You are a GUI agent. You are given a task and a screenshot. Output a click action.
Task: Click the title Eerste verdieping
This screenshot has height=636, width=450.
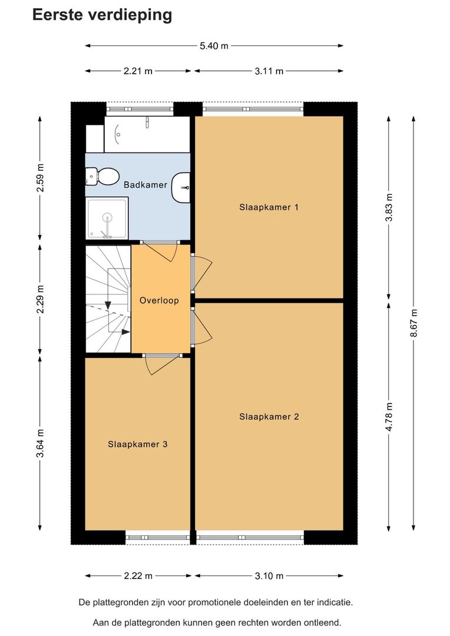(x=102, y=15)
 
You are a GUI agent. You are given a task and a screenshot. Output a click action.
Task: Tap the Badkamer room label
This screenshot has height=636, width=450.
(x=145, y=185)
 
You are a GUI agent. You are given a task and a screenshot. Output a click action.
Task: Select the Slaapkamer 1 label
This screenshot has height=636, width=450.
(x=269, y=207)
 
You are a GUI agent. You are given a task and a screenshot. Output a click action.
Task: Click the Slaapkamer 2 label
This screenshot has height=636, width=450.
(x=269, y=416)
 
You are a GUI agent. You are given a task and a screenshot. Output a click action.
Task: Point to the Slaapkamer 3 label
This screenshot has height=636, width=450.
(x=138, y=444)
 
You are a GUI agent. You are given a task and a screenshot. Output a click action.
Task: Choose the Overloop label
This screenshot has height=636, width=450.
(x=159, y=300)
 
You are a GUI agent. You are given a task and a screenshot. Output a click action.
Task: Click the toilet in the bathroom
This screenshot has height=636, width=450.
(x=102, y=177)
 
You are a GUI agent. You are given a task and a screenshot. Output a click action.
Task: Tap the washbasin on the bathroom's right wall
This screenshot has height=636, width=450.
(x=181, y=187)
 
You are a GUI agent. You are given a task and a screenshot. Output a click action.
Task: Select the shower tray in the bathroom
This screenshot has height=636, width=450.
(x=107, y=218)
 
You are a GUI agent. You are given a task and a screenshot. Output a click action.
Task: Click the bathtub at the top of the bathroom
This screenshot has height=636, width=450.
(x=147, y=134)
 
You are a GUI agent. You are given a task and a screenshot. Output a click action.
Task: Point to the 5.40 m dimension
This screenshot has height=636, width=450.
(x=214, y=46)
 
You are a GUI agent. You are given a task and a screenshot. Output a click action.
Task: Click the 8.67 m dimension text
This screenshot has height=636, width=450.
(x=413, y=323)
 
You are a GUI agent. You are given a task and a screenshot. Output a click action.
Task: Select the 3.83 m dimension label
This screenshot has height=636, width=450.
(x=389, y=207)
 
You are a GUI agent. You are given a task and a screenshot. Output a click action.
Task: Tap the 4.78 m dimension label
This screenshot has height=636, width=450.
(x=389, y=416)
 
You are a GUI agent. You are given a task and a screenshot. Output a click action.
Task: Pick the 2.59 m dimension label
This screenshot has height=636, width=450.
(x=40, y=178)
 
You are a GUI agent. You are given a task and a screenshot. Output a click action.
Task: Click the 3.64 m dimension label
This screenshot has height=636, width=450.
(x=40, y=443)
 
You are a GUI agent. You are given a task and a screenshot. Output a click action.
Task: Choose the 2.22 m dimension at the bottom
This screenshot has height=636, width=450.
(x=138, y=575)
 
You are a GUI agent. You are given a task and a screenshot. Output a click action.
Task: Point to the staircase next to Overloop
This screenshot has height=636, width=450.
(x=108, y=299)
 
